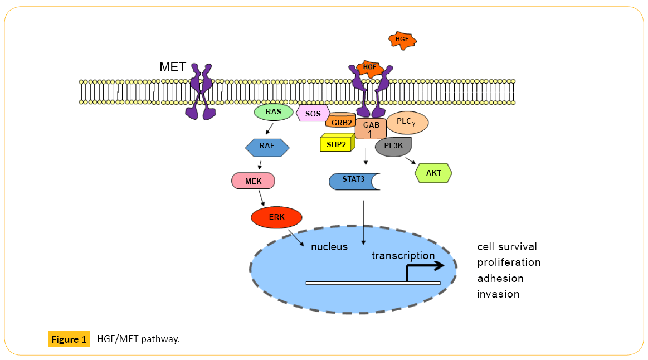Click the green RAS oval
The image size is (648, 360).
pyautogui.click(x=274, y=113)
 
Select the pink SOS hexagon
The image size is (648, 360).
pyautogui.click(x=313, y=114)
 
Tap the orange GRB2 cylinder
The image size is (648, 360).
pyautogui.click(x=342, y=121)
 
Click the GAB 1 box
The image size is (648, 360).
pyautogui.click(x=371, y=129)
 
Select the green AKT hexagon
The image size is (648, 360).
pyautogui.click(x=433, y=173)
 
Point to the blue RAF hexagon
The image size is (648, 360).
pyautogui.click(x=267, y=148)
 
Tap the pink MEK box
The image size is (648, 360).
pyautogui.click(x=253, y=181)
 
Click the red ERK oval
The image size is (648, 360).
pyautogui.click(x=276, y=217)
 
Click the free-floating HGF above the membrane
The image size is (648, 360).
pyautogui.click(x=402, y=40)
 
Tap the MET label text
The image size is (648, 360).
pyautogui.click(x=173, y=68)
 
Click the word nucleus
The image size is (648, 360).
pyautogui.click(x=329, y=246)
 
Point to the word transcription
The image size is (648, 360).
pyautogui.click(x=403, y=255)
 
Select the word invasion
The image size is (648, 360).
pyautogui.click(x=498, y=294)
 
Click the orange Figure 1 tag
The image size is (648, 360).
pyautogui.click(x=69, y=339)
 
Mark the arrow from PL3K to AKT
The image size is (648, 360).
pyautogui.click(x=410, y=161)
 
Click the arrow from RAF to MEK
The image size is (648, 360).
pyautogui.click(x=260, y=165)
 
